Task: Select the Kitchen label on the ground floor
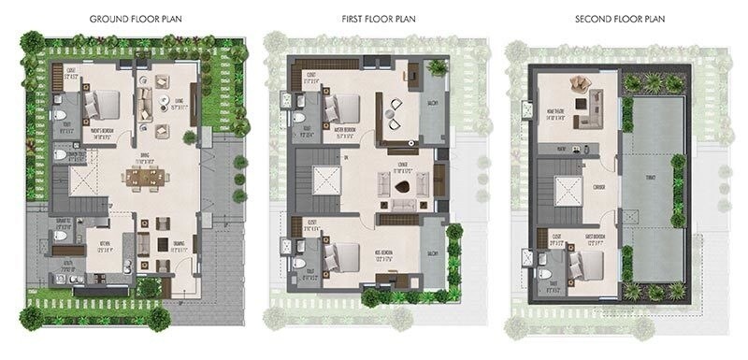pyautogui.click(x=105, y=249)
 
